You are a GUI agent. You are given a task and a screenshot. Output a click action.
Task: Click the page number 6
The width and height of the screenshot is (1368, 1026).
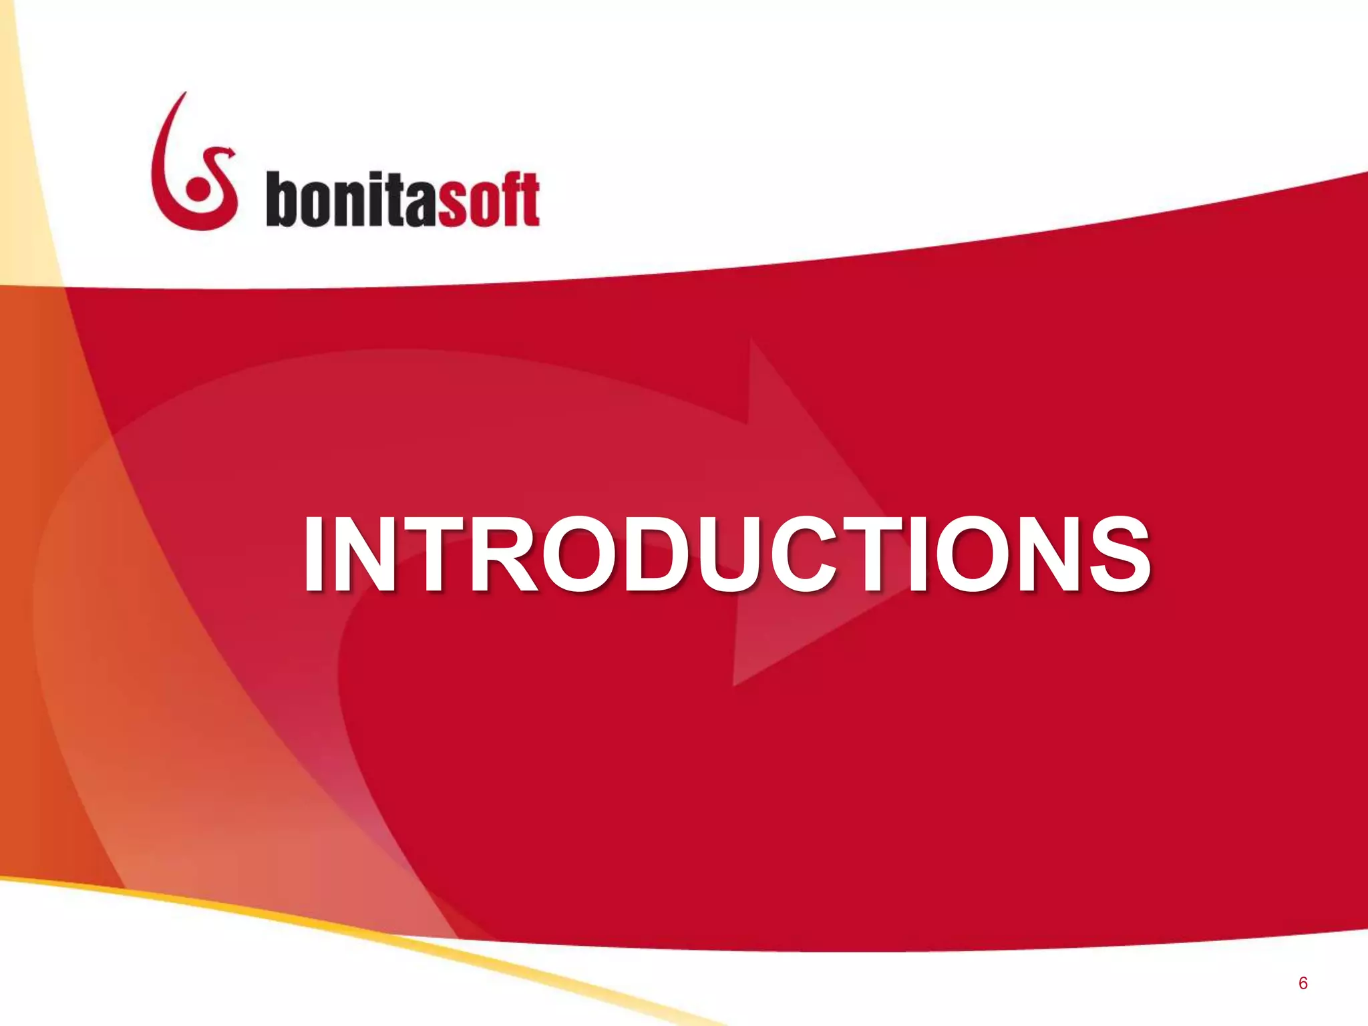coord(1303,984)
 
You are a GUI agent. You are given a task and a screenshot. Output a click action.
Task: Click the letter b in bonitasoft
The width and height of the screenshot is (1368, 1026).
coord(281,199)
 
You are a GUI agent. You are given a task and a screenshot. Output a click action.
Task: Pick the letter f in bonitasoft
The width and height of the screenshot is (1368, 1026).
coord(513,199)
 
